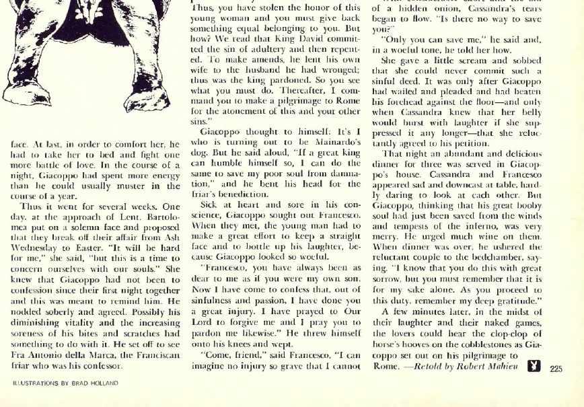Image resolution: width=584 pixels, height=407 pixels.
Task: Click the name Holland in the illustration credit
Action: (104, 383)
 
